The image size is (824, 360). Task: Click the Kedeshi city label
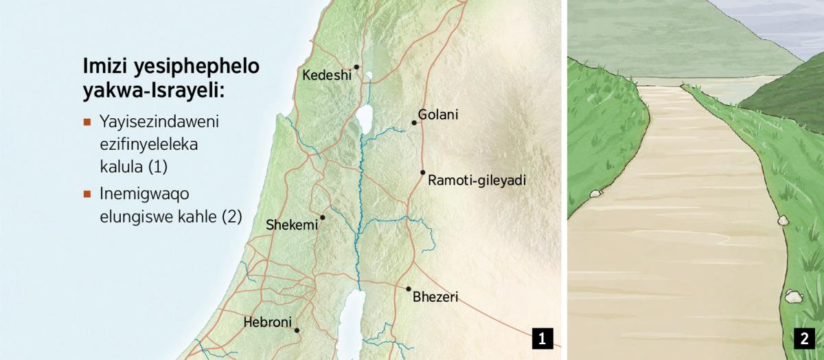[326, 75]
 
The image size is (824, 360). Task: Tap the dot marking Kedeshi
[356, 67]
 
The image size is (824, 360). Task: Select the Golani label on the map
[438, 115]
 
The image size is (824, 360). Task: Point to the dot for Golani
[414, 123]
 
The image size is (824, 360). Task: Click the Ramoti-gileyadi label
[477, 181]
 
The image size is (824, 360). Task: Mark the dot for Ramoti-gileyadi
[423, 172]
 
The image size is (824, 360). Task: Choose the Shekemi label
[292, 225]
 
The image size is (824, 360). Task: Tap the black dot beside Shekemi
[322, 217]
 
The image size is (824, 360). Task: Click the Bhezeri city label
[435, 297]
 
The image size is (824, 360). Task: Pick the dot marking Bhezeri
[409, 289]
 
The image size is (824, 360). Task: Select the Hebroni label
[267, 322]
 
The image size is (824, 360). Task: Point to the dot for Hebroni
[297, 330]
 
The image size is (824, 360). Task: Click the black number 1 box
[542, 338]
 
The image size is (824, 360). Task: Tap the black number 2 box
[803, 338]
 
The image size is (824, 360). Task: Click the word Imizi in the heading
[103, 67]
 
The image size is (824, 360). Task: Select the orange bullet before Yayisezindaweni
[87, 123]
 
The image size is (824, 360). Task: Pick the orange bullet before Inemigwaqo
[87, 194]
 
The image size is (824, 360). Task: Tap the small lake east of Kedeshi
[369, 76]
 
